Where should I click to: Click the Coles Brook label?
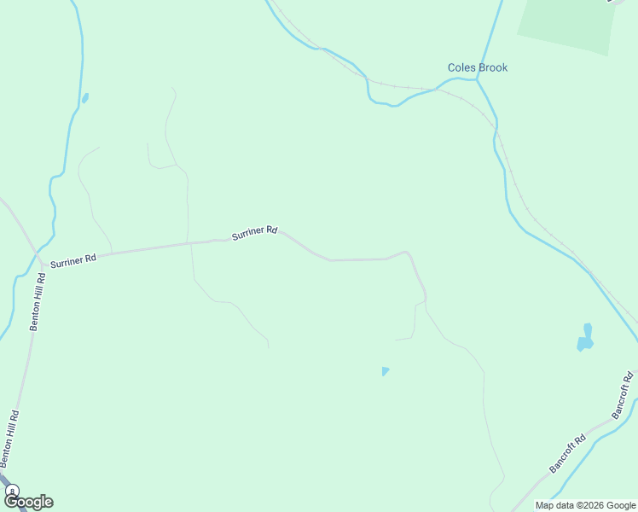pyautogui.click(x=478, y=67)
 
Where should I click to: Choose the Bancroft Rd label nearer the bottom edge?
pyautogui.click(x=567, y=454)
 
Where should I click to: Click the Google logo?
pyautogui.click(x=28, y=502)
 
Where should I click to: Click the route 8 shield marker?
pyautogui.click(x=12, y=491)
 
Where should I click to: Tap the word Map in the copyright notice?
pyautogui.click(x=546, y=505)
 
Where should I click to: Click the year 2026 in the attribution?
pyautogui.click(x=588, y=505)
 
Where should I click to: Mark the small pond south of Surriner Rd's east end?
pyautogui.click(x=386, y=371)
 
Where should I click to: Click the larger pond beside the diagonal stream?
pyautogui.click(x=585, y=339)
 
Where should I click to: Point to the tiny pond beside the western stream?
pyautogui.click(x=84, y=98)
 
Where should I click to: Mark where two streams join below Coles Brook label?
pyautogui.click(x=477, y=80)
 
